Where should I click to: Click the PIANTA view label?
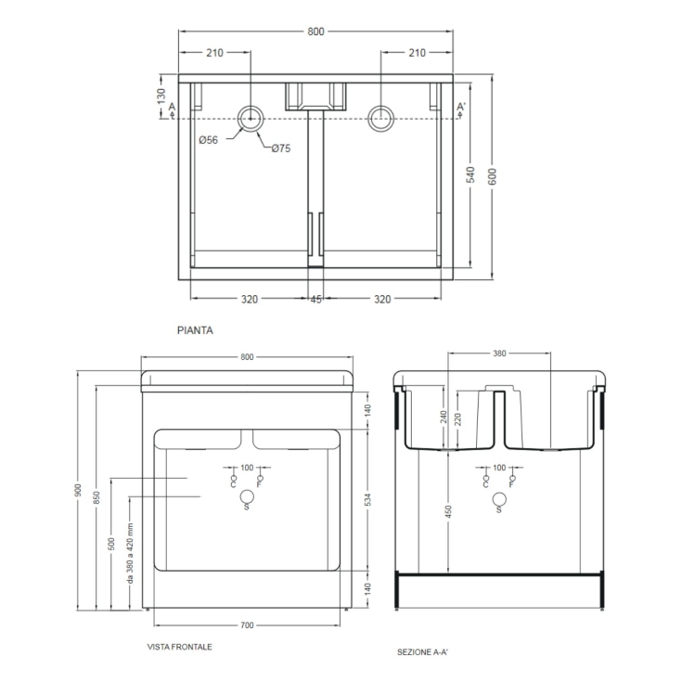pos(196,328)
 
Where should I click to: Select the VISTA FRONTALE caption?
pos(179,647)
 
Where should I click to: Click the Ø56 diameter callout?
pos(208,140)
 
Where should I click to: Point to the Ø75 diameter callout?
pos(281,148)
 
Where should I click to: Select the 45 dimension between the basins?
pos(316,299)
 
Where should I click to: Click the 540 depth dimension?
pos(470,174)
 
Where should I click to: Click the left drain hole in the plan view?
pos(251,118)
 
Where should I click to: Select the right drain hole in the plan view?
pos(380,118)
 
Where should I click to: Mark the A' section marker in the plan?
pos(460,109)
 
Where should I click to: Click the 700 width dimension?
pos(246,624)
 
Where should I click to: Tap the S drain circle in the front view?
pos(246,500)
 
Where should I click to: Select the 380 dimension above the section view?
pos(499,354)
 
